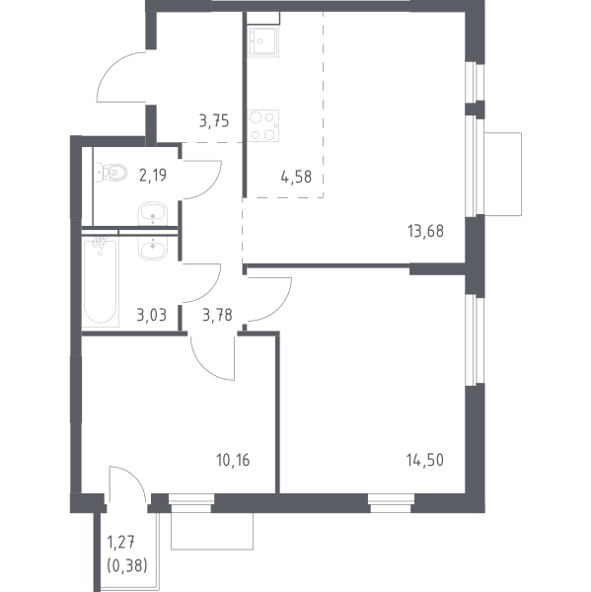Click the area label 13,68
click(x=425, y=231)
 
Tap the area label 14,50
click(x=425, y=460)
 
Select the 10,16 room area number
click(x=233, y=460)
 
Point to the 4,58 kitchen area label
click(x=296, y=177)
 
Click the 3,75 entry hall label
click(x=214, y=121)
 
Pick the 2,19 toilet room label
click(x=153, y=175)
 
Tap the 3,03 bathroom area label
click(x=151, y=315)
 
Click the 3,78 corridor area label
click(x=217, y=315)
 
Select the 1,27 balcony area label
click(x=121, y=543)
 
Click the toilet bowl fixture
click(x=111, y=172)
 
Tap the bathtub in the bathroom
click(x=100, y=280)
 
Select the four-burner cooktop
click(x=263, y=125)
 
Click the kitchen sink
click(x=263, y=41)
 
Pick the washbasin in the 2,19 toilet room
click(x=153, y=213)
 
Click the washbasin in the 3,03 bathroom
click(x=153, y=248)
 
